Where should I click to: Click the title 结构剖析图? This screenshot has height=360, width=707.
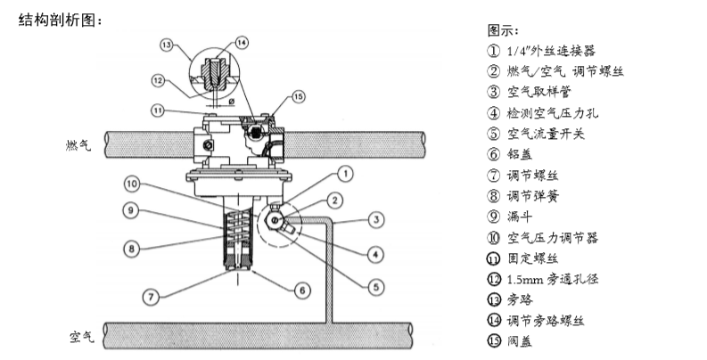(57, 20)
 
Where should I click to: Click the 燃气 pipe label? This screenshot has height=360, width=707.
(78, 145)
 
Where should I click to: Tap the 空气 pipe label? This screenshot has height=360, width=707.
(82, 337)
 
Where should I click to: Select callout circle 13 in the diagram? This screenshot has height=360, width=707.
(167, 45)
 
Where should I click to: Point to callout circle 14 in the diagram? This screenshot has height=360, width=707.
(242, 43)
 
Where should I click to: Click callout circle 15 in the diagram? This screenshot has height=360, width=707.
(298, 96)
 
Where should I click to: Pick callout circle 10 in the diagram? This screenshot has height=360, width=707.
(132, 184)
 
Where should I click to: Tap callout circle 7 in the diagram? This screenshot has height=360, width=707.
(151, 297)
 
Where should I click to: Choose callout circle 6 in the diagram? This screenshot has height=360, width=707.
(302, 290)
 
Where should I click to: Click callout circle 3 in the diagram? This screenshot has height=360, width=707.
(376, 220)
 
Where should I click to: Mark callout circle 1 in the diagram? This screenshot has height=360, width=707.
(345, 174)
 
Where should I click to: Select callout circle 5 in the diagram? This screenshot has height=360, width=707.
(376, 287)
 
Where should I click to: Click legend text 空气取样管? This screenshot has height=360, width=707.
(538, 92)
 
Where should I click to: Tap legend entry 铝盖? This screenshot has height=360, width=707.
(520, 154)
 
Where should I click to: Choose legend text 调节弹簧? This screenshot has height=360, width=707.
(533, 196)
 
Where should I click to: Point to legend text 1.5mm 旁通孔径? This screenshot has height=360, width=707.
(553, 279)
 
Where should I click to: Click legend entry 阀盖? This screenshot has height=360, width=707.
(520, 341)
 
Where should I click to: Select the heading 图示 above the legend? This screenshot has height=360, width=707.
(503, 30)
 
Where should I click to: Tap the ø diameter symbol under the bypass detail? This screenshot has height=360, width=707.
(231, 102)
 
